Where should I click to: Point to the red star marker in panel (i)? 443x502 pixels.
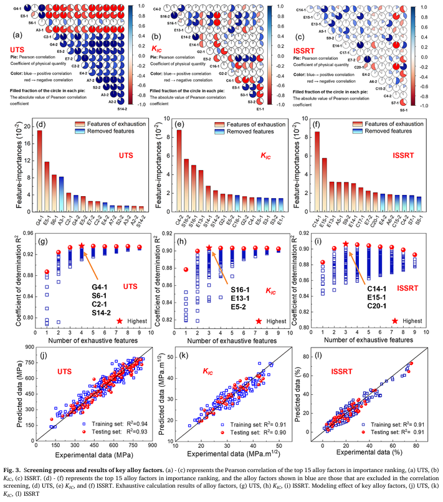[346, 244]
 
